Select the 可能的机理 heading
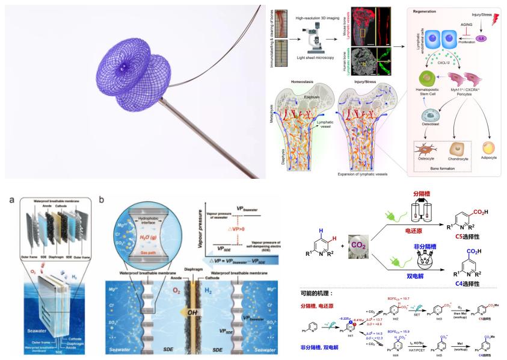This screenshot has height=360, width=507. click(x=322, y=294)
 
